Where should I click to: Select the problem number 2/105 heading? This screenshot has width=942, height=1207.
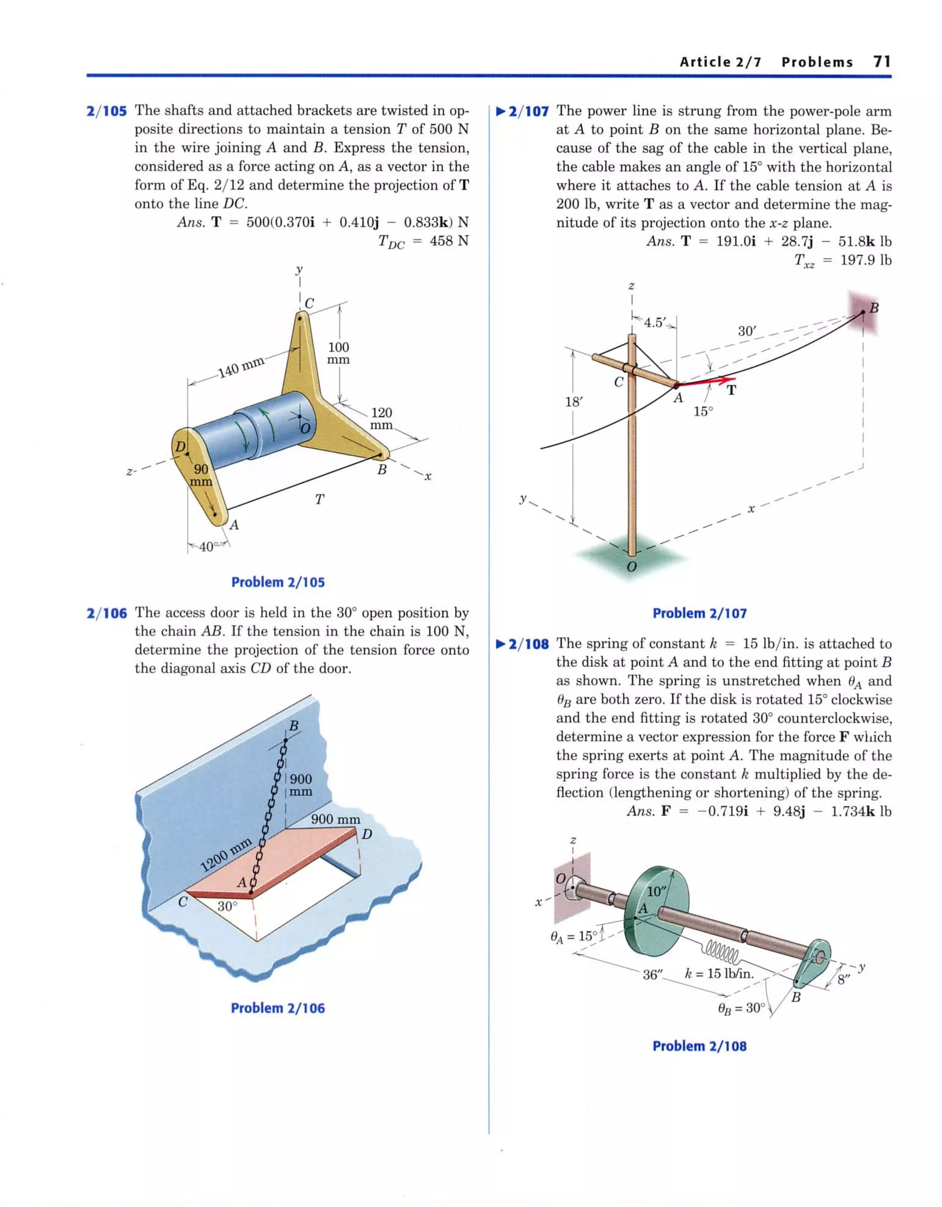pos(107,111)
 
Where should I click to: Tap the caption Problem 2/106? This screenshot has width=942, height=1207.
pos(277,1008)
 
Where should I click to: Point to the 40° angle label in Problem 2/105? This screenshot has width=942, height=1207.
pos(208,547)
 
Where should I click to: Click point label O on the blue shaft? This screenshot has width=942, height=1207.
pos(305,428)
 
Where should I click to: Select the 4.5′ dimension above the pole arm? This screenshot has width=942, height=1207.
pos(655,322)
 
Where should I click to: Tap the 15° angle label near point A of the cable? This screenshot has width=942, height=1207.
pos(703,411)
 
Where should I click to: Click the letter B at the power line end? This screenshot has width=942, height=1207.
pos(873,308)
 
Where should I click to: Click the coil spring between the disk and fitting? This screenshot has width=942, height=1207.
pos(722,951)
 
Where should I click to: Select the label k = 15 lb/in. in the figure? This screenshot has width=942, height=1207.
pos(719,973)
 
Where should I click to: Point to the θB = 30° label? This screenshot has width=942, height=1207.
pos(741,1008)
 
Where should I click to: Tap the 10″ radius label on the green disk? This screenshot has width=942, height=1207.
pos(657,891)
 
